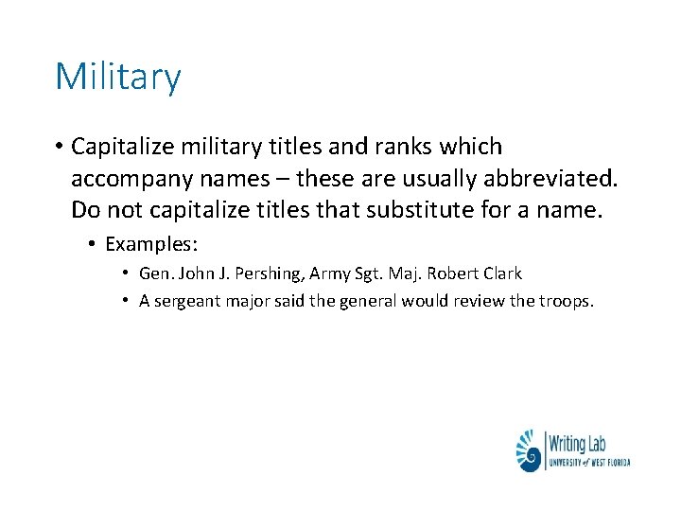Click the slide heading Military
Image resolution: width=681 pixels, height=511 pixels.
tap(117, 77)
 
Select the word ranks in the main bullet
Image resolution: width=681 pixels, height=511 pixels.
tap(402, 147)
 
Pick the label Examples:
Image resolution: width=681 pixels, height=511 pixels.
tap(151, 244)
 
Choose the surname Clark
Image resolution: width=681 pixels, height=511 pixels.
tap(500, 273)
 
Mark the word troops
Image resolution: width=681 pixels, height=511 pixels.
tap(565, 301)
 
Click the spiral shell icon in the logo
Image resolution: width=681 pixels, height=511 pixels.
tap(528, 451)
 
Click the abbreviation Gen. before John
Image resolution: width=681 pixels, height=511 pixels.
tap(153, 273)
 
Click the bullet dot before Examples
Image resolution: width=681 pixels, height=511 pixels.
tap(92, 244)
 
